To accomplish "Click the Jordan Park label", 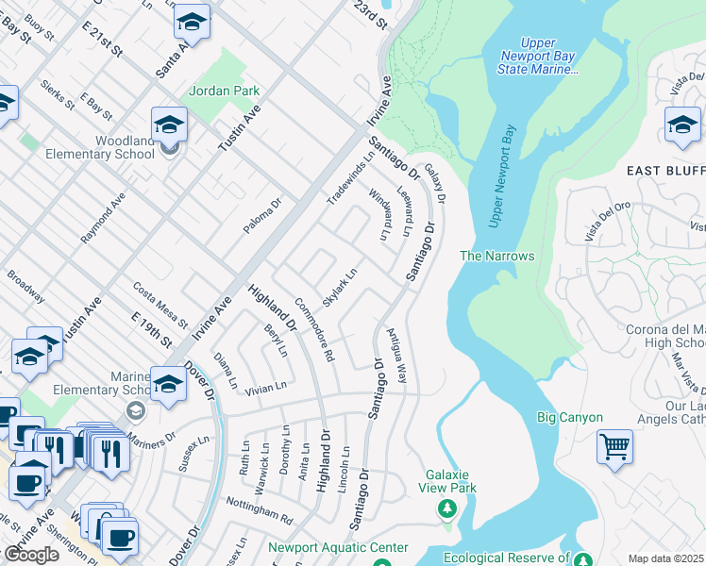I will pyautogui.click(x=224, y=92).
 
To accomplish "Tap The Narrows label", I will pyautogui.click(x=496, y=256).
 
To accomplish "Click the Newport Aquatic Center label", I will pyautogui.click(x=338, y=547).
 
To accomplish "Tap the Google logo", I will pyautogui.click(x=31, y=555).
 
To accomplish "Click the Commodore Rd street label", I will pyautogui.click(x=314, y=329).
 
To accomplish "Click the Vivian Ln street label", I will pyautogui.click(x=266, y=387).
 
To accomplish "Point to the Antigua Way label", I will pyautogui.click(x=396, y=355).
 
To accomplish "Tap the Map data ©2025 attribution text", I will pyautogui.click(x=666, y=558).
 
